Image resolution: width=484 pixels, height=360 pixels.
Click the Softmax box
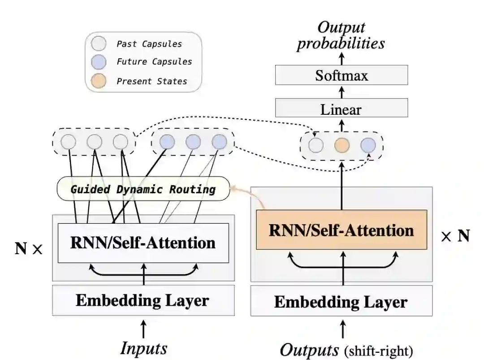point(341,75)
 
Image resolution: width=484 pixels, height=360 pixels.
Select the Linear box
point(341,109)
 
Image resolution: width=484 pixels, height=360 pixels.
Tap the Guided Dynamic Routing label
point(143,189)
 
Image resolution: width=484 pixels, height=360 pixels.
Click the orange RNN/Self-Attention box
point(341,230)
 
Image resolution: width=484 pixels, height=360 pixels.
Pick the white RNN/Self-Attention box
point(143,243)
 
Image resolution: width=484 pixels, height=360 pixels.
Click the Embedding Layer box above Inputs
point(143,300)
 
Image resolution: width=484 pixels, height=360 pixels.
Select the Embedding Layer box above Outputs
point(341,301)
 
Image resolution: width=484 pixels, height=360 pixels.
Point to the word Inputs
point(143,348)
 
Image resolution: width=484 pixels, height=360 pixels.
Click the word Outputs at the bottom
point(309,349)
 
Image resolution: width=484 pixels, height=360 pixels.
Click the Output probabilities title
point(341,35)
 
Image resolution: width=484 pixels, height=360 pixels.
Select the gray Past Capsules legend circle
point(98,43)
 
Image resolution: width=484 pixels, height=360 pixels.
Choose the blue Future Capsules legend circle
point(98,62)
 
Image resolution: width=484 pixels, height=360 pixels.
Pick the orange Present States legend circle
point(98,81)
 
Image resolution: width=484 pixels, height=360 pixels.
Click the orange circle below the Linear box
point(342,145)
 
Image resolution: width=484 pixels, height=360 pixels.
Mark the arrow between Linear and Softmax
point(341,92)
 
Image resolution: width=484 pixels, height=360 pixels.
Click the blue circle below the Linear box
point(368,145)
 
